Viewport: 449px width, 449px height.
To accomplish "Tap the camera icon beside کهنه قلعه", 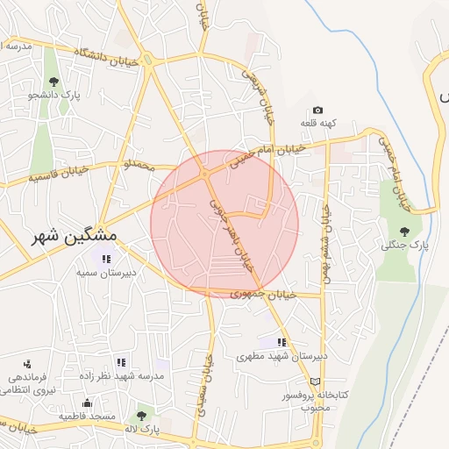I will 317,110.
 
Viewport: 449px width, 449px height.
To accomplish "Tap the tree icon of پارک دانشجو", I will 53,82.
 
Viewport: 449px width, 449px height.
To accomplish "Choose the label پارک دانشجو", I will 54,94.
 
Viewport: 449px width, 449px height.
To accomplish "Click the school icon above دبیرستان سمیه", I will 106,259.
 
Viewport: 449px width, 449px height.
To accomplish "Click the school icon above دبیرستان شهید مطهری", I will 282,343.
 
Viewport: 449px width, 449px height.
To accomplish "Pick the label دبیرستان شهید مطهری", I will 282,357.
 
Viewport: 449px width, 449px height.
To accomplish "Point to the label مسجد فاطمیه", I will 87,416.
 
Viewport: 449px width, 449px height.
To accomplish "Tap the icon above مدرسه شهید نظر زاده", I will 121,362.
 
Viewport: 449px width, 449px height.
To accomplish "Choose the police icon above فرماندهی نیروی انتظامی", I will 27,363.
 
